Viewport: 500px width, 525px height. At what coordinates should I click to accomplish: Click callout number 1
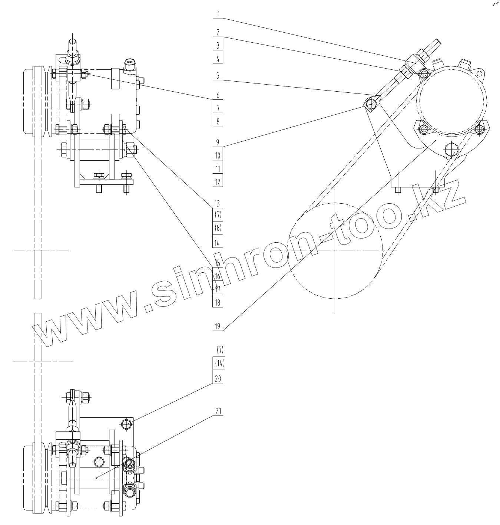[218, 15]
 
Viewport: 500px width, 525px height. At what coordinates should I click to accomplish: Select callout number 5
[218, 76]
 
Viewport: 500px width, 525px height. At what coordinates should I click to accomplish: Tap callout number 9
[218, 142]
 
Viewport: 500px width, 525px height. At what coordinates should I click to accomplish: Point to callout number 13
[218, 203]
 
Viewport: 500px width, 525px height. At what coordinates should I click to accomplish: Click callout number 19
[218, 327]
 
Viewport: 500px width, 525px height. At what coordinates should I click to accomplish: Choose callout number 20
[218, 379]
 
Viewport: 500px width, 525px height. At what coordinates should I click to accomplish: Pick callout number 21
[218, 411]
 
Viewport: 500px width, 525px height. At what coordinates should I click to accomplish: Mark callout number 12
[218, 182]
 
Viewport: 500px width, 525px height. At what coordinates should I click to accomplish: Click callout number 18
[218, 303]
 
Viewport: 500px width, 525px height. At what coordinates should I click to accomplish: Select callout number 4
[218, 59]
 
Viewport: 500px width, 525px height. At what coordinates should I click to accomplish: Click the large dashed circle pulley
[334, 251]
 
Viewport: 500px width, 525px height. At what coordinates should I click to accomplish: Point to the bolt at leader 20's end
[126, 424]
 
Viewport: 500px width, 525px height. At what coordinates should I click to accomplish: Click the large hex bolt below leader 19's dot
[451, 150]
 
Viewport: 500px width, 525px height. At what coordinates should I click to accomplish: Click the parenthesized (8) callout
[218, 228]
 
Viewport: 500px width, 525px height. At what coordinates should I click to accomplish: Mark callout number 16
[218, 276]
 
